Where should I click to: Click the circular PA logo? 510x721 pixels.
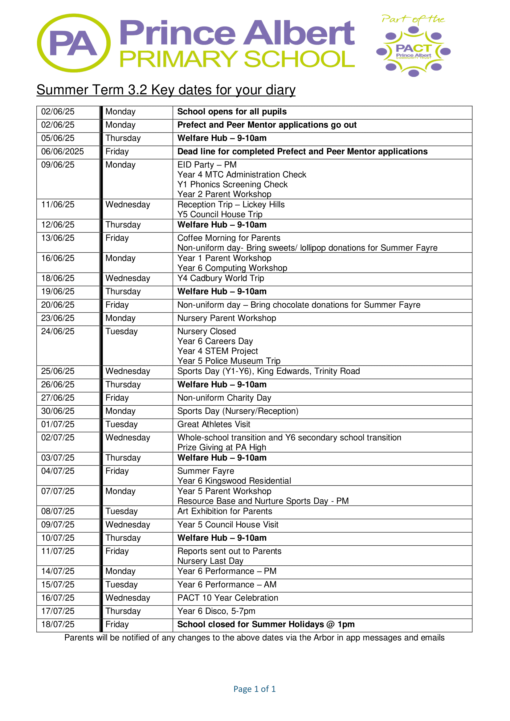click(x=73, y=43)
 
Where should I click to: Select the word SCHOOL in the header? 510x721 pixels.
click(x=299, y=59)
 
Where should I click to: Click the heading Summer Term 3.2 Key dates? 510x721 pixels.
click(x=166, y=90)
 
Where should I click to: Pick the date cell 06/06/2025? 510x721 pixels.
click(x=63, y=152)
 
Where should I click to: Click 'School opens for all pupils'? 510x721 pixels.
click(x=232, y=112)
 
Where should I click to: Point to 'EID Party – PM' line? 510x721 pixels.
click(x=207, y=165)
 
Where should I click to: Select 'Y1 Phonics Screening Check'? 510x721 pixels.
click(x=232, y=184)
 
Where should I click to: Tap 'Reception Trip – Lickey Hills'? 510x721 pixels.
click(x=231, y=204)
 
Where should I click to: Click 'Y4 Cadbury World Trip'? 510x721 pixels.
click(x=220, y=278)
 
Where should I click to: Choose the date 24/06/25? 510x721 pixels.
click(x=58, y=331)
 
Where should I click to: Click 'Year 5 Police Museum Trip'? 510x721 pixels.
click(x=229, y=361)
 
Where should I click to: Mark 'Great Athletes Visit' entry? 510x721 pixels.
click(x=214, y=424)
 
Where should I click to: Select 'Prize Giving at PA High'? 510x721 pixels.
click(x=221, y=447)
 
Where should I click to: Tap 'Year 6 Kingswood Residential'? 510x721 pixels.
click(x=234, y=481)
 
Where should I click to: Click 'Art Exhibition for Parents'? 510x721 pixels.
click(x=225, y=511)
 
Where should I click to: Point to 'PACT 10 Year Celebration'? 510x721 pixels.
click(x=228, y=598)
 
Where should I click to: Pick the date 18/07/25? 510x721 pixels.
click(x=58, y=625)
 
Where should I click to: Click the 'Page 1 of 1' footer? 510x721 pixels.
click(x=254, y=689)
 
